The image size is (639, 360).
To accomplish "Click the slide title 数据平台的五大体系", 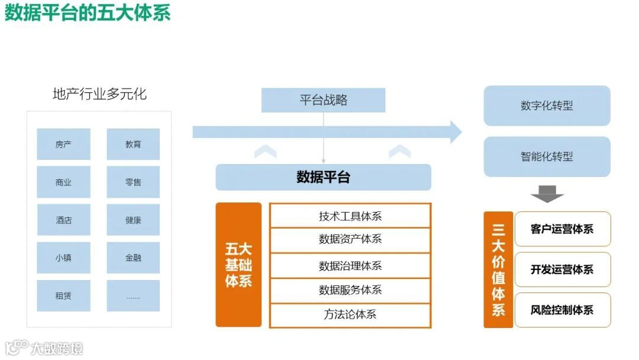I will (88, 13).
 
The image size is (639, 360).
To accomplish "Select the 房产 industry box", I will (63, 144).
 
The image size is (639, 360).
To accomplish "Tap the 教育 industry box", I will (133, 144).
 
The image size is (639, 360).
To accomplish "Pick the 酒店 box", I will (63, 220).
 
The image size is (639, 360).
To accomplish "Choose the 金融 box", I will (133, 258).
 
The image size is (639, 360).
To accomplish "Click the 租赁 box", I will (63, 295).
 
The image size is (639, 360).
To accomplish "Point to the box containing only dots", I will (133, 295).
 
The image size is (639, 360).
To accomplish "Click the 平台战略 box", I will (323, 100).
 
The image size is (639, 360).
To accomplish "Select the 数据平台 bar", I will (323, 177).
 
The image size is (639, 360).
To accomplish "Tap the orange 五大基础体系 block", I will (238, 265).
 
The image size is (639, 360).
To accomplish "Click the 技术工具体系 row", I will (350, 216).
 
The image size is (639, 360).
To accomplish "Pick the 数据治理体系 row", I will (350, 266).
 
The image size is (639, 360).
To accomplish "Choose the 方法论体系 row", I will (350, 314).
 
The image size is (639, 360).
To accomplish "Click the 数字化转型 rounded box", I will (547, 106).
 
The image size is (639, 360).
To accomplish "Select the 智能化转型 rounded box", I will (547, 157).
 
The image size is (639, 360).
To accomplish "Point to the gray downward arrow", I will (547, 194).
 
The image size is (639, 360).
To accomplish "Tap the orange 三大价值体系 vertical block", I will (498, 269).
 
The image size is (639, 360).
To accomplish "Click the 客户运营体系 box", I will (562, 229).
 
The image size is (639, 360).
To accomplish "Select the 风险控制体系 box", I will (562, 310).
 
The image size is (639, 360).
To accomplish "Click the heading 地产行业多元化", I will (99, 94).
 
